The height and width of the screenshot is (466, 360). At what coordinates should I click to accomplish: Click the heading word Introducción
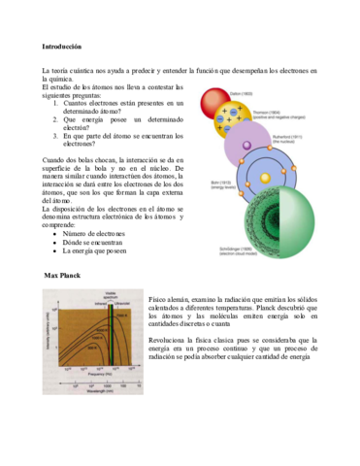click(x=62, y=46)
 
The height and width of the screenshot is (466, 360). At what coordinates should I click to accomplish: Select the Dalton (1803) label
click(x=243, y=93)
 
